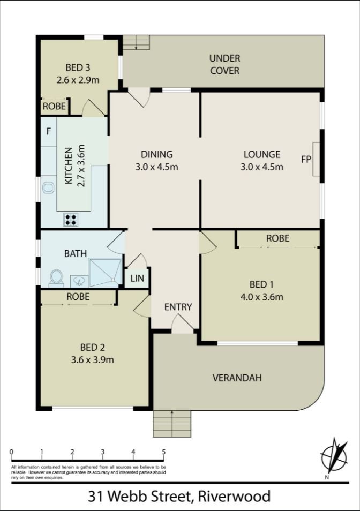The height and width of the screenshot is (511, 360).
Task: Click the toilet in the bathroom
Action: click(56, 277)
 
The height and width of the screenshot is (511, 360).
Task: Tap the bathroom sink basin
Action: click(78, 280)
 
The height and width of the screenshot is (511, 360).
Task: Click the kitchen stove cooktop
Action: click(71, 219)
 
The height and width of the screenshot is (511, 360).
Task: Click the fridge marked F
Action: click(48, 131)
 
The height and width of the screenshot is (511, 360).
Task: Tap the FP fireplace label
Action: click(306, 159)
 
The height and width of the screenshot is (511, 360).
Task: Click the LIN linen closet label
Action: click(137, 278)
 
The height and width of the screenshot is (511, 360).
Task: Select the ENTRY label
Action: click(178, 307)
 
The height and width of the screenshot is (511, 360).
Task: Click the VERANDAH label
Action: click(237, 378)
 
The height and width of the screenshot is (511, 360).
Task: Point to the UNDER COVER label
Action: click(224, 64)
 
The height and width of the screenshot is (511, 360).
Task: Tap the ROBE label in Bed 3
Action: click(55, 107)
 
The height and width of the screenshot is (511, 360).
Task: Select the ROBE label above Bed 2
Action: click(78, 296)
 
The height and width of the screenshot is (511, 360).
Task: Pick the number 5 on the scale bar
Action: click(163, 452)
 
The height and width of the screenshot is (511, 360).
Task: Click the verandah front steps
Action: click(172, 424)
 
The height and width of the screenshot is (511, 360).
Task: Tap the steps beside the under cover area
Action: click(136, 43)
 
